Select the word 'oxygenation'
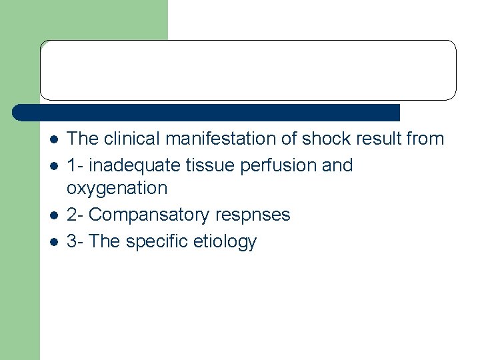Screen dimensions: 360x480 [x=117, y=188]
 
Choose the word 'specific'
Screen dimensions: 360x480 [x=156, y=241]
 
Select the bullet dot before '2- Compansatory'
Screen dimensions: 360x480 [x=54, y=215]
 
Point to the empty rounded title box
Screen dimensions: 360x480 [x=248, y=70]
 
